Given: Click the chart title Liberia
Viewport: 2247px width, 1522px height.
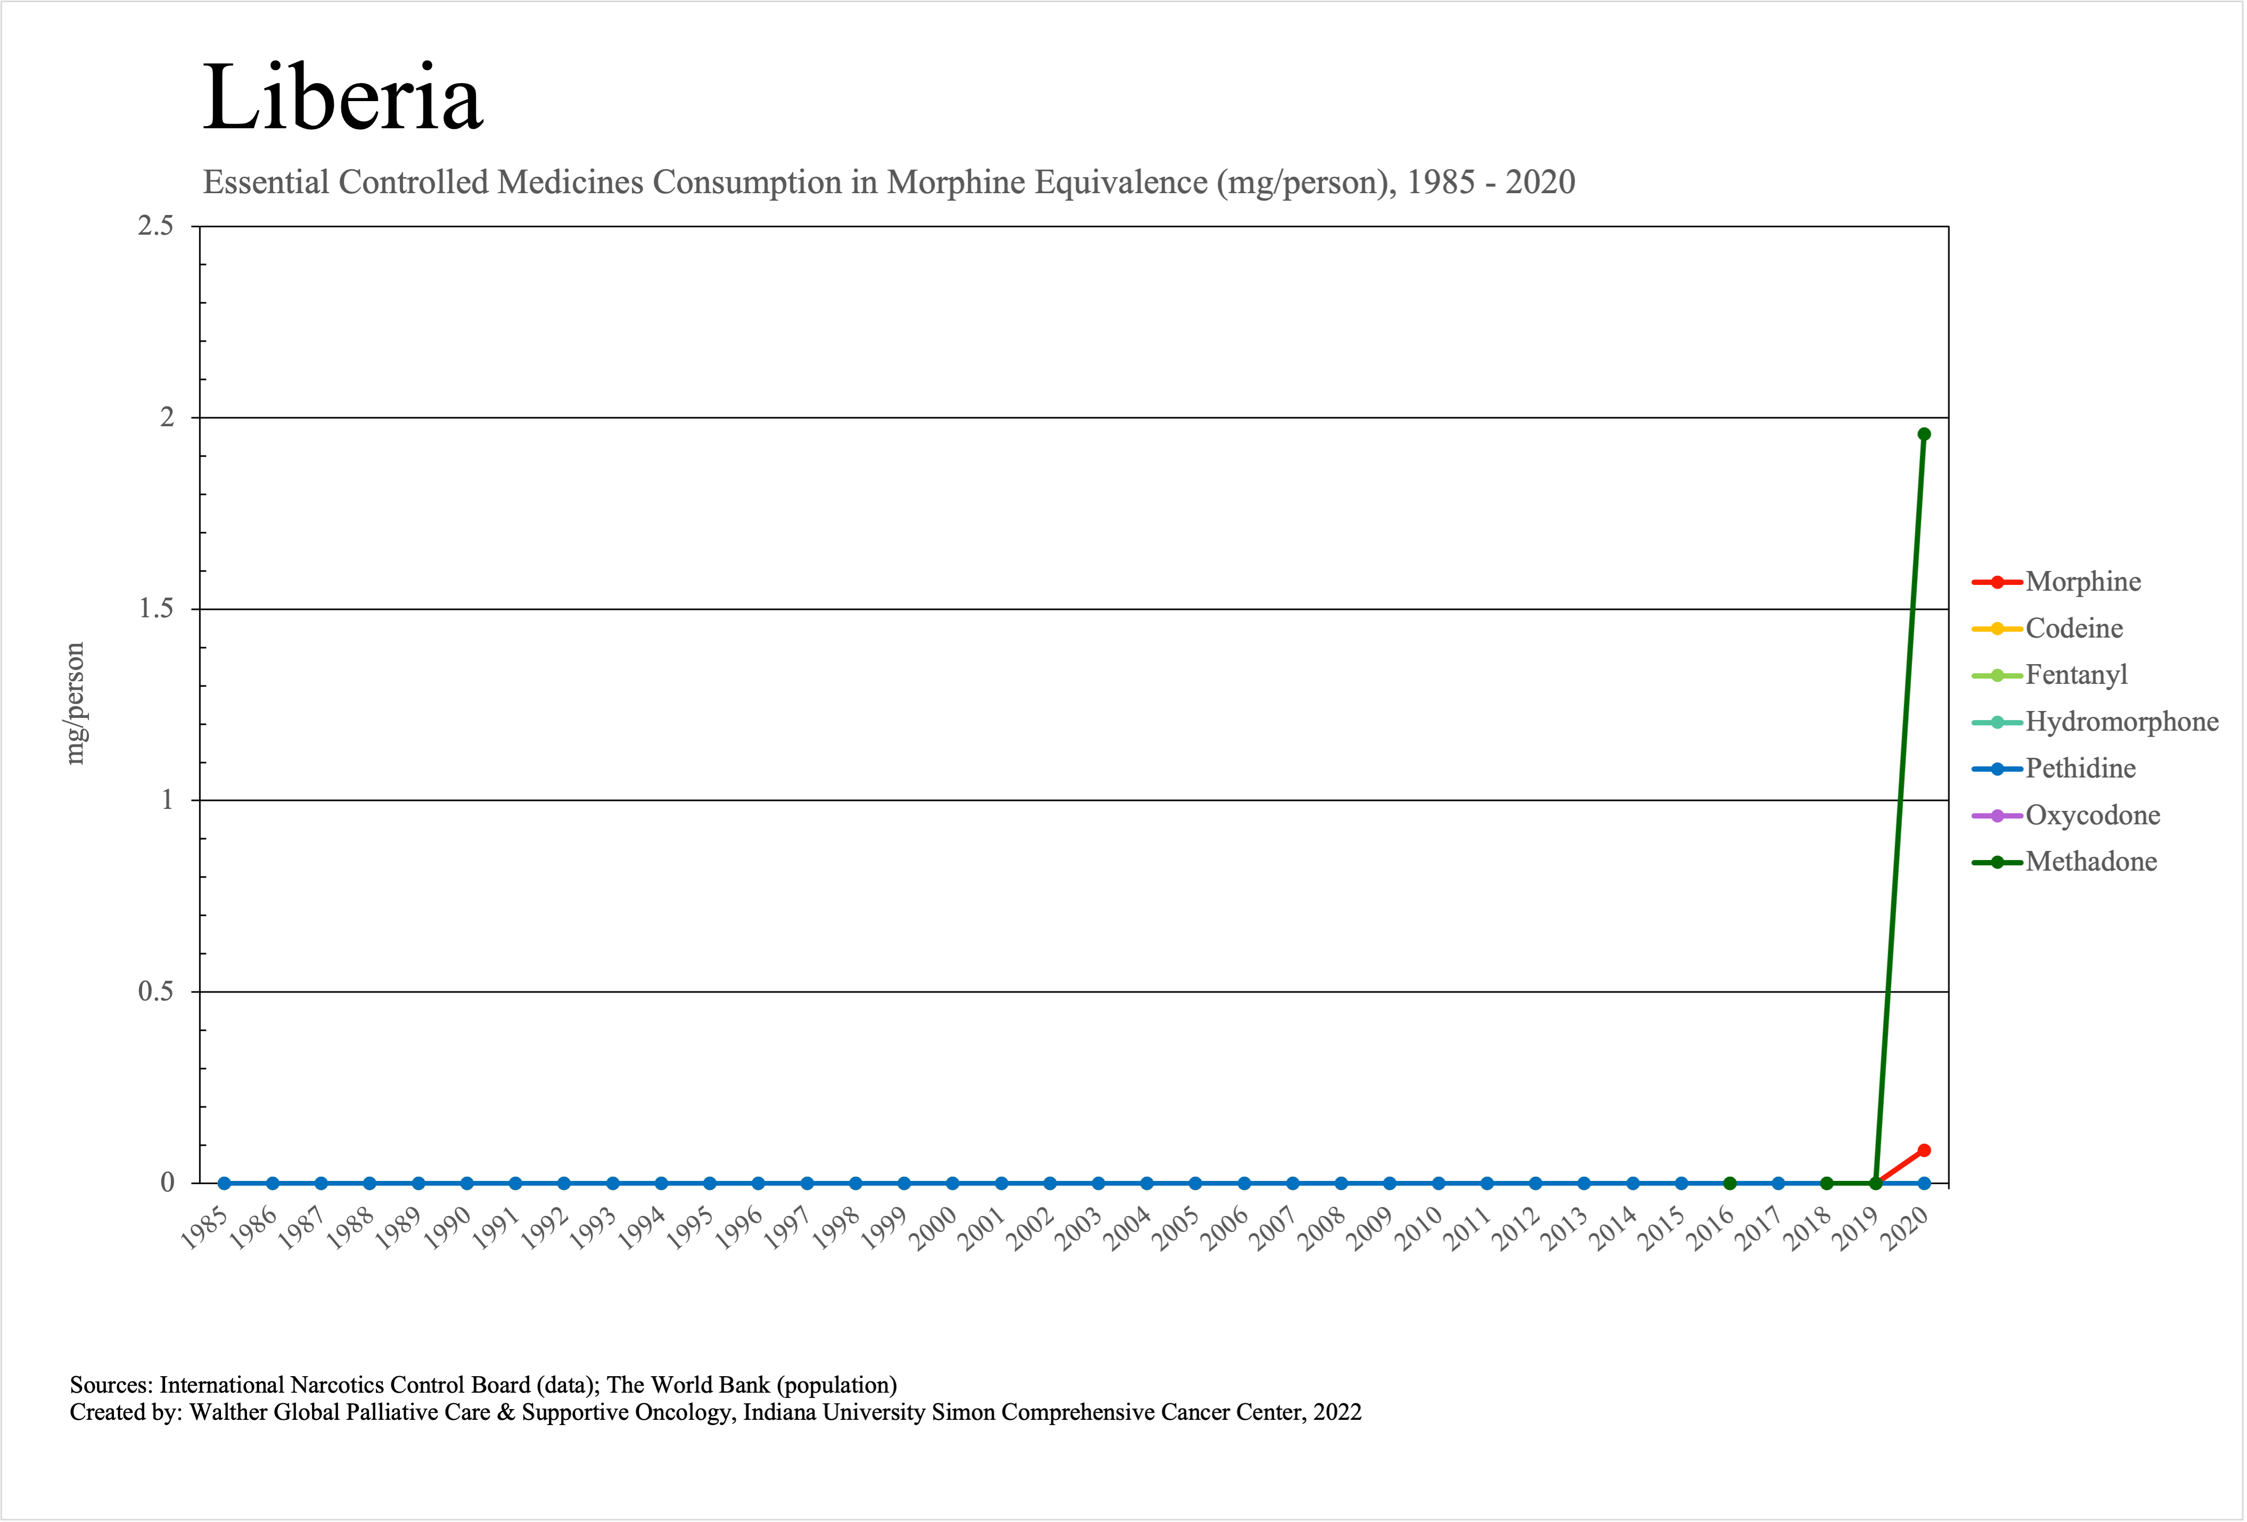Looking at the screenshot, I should coord(342,97).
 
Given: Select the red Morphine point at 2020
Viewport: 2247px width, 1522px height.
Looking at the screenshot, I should coord(1923,1150).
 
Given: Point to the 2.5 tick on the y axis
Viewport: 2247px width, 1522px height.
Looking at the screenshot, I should coord(155,226).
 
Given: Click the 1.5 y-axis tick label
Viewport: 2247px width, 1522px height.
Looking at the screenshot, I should coord(155,609).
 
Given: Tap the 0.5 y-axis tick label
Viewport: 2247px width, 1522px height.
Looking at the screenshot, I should coord(155,991).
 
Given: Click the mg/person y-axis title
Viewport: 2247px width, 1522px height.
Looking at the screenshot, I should coord(75,704).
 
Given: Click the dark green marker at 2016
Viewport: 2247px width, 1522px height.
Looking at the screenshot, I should coord(1730,1183).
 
